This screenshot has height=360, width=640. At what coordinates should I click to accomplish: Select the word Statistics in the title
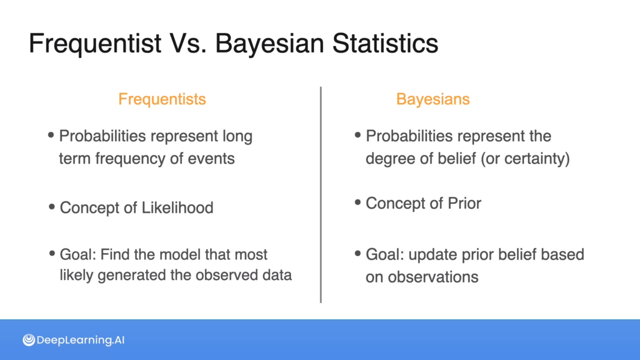point(385,43)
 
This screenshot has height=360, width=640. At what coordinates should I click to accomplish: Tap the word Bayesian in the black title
point(270,44)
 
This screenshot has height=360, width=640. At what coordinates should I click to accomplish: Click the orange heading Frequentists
point(162,99)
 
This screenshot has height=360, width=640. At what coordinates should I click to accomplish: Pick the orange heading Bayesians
point(433,99)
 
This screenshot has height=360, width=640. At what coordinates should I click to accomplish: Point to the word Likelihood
point(178,208)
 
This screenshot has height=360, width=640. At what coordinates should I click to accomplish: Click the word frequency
point(130,159)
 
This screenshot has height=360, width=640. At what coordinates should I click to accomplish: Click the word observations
point(433,277)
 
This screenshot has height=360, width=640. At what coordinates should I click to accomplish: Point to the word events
point(211,159)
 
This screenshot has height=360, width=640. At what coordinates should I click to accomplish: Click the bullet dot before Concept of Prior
point(358,202)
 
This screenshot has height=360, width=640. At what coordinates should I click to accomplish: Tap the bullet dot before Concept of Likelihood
point(52,207)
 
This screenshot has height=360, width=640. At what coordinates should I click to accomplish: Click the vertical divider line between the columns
point(321,195)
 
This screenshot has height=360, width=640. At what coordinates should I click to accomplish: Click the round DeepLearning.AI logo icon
point(29,340)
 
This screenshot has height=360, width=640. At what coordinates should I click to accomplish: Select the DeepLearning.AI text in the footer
point(81,340)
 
